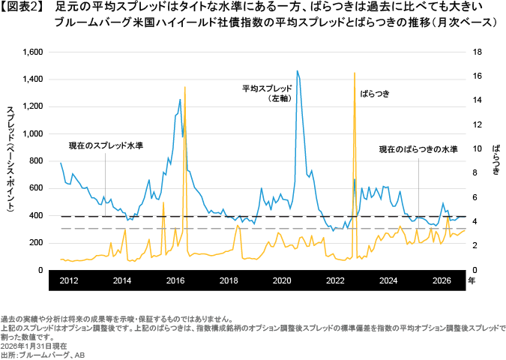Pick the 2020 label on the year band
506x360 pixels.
click(x=282, y=280)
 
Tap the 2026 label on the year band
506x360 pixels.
click(x=442, y=280)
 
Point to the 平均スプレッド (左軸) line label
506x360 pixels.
click(x=262, y=93)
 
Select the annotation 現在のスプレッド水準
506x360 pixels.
click(x=105, y=145)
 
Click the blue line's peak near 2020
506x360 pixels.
click(x=298, y=70)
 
